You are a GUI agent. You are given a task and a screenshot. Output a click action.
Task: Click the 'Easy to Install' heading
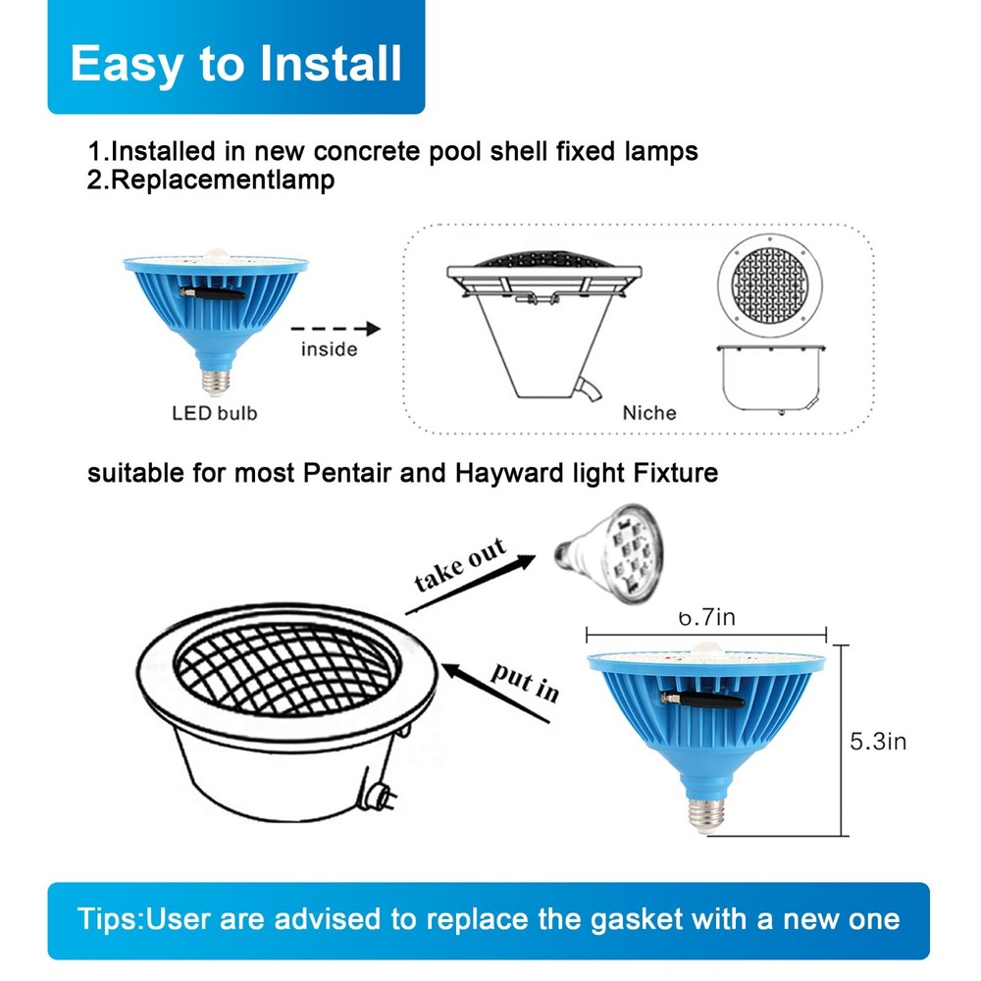coord(235,64)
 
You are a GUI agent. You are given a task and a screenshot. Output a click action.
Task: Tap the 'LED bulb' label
coord(215,414)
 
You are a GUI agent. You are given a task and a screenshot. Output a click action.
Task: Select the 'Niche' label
coord(649,413)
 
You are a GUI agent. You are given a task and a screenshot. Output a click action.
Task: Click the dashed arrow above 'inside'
coord(336,329)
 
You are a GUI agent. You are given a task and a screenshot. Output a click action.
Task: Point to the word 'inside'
coord(329,349)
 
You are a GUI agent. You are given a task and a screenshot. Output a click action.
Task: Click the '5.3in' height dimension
coord(878,742)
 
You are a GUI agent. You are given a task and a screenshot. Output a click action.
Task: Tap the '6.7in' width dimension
coord(707,617)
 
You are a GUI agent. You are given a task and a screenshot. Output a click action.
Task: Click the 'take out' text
coord(460,564)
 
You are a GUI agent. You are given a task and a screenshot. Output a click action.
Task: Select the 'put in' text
coord(524,683)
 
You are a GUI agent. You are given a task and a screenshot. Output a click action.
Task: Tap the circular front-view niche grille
coord(769,284)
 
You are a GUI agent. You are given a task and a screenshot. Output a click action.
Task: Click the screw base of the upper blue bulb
coord(216,382)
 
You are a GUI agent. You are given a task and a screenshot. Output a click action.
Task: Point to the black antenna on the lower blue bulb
coord(702,698)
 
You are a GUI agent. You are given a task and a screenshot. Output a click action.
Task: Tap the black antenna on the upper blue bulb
coord(213,292)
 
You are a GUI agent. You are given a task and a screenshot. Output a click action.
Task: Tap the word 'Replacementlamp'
coord(223,181)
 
